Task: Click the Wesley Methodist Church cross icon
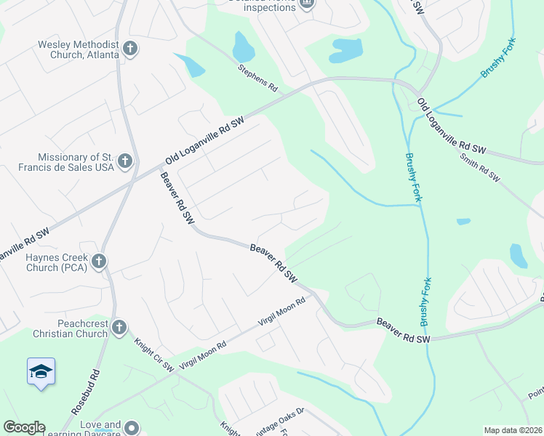130,49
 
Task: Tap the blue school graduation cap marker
40,371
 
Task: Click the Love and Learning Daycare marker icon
132,428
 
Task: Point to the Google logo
23,427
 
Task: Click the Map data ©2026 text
513,430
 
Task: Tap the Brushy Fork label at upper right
497,58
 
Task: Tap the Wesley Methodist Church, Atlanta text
79,49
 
